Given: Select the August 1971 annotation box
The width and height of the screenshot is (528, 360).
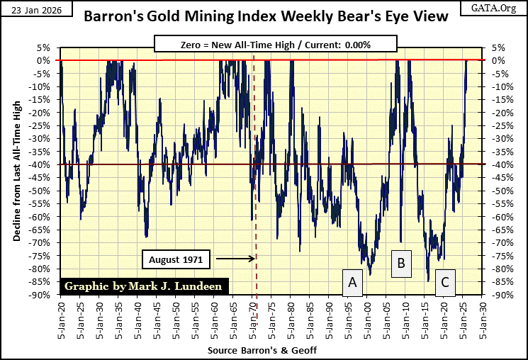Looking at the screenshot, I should click(x=176, y=259).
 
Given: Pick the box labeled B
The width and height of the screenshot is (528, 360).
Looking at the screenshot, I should click(x=401, y=264).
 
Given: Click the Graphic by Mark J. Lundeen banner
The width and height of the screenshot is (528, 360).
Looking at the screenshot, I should click(x=145, y=286).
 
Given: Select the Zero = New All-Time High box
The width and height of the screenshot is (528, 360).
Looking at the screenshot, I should click(x=264, y=45).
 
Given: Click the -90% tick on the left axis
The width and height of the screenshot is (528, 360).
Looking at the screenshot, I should click(x=41, y=296).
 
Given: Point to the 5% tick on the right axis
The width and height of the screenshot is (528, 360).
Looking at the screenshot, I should click(x=497, y=47).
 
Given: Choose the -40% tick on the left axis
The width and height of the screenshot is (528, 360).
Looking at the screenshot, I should click(x=41, y=165).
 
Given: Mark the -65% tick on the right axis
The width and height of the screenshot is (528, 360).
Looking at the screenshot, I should click(x=499, y=230).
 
